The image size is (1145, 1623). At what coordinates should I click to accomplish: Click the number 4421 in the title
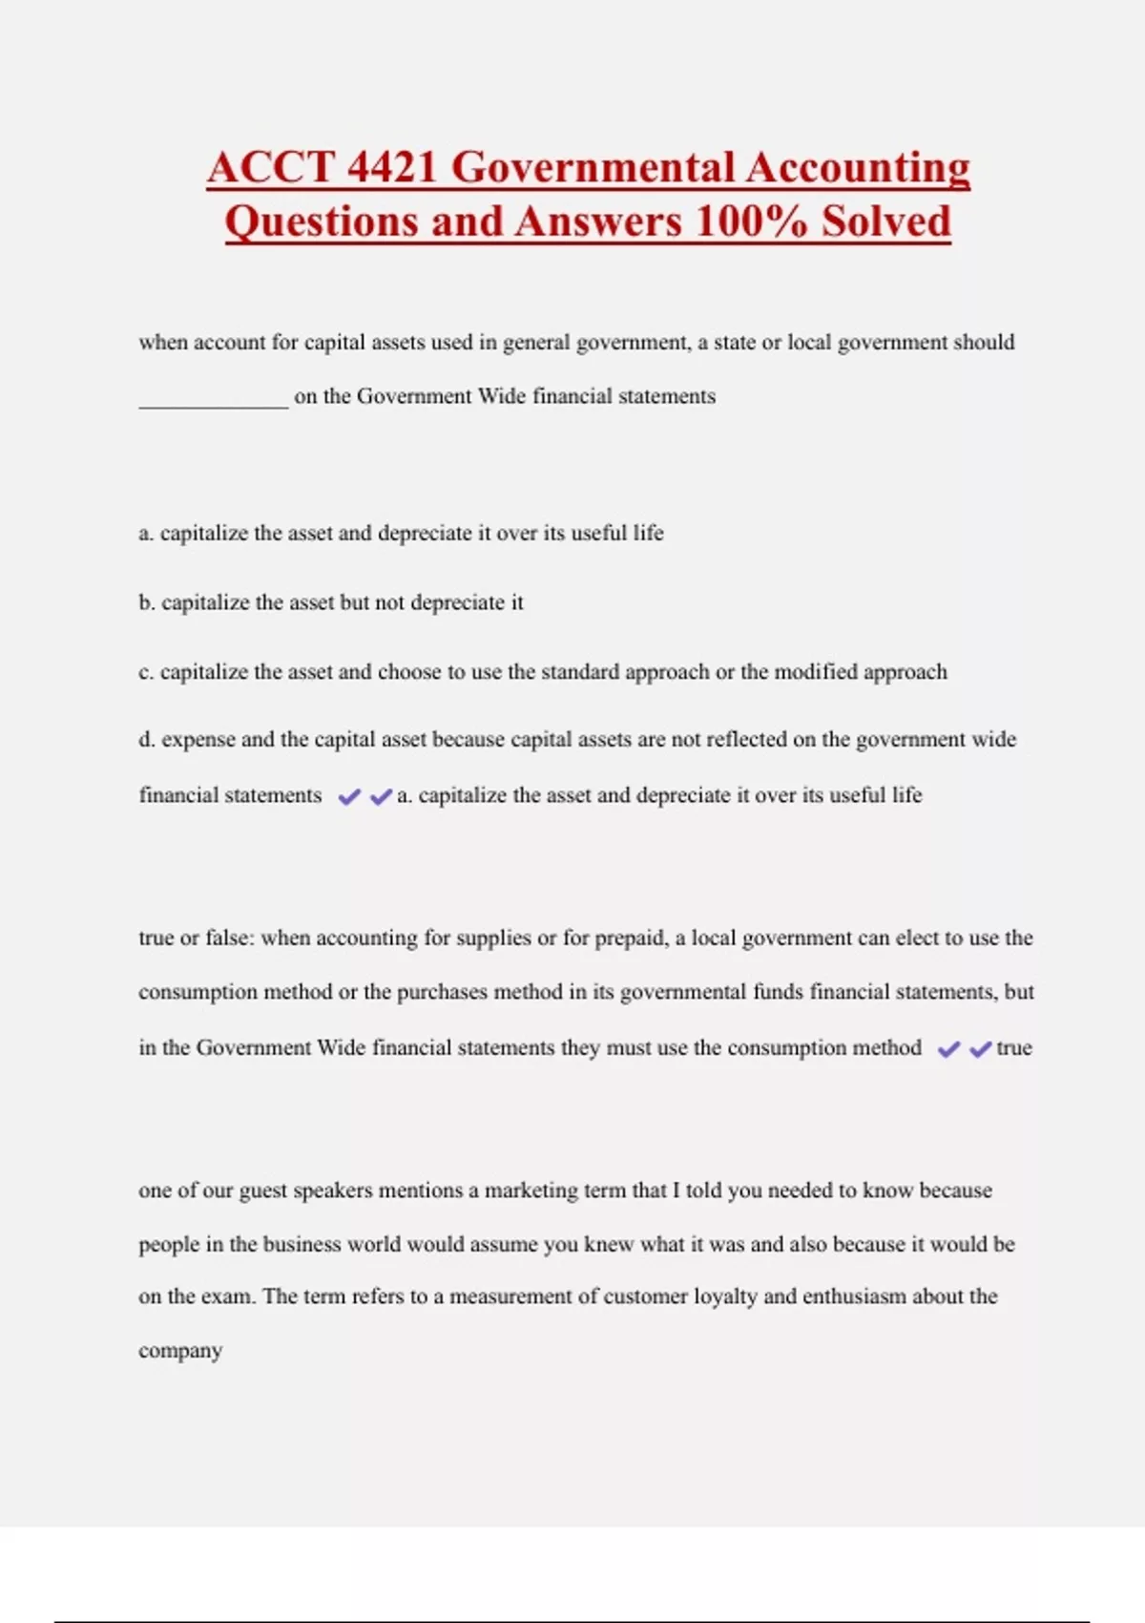point(392,168)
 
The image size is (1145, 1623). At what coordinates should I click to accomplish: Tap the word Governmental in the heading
point(592,168)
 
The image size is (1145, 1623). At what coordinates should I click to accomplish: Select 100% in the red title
point(751,222)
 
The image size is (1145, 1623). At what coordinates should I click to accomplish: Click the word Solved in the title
point(886,222)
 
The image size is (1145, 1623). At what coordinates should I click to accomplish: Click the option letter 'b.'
point(147,603)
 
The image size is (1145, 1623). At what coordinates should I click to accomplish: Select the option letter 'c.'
point(146,672)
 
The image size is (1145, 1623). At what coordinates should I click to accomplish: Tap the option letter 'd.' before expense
point(147,740)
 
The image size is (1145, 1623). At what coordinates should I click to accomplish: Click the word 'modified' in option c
point(815,672)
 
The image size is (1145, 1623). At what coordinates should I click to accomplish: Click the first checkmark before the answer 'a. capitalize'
point(349,796)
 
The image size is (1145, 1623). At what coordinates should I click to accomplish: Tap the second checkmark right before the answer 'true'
point(980,1049)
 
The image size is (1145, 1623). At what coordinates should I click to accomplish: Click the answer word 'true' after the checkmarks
point(1014,1048)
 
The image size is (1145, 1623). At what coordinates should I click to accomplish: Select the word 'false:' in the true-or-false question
point(230,938)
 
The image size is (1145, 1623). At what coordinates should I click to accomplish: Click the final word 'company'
point(180,1352)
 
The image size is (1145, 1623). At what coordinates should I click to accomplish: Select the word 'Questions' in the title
point(322,222)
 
